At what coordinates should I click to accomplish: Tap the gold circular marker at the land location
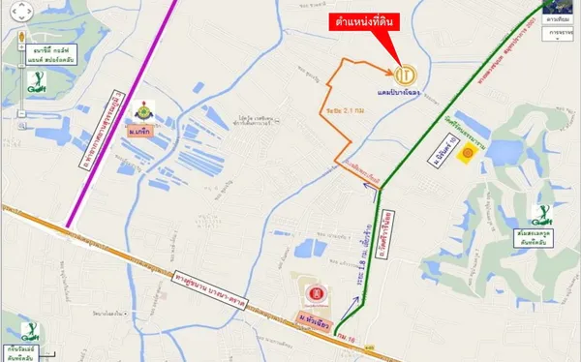(x=408, y=73)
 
